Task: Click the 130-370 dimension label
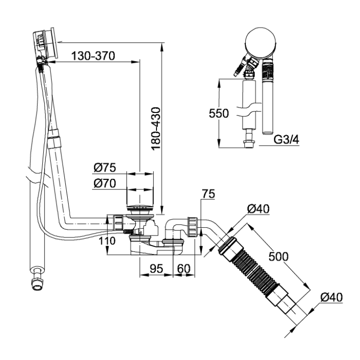click(x=93, y=56)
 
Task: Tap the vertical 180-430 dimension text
click(x=156, y=128)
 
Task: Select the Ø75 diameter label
click(x=105, y=168)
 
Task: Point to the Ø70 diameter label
click(x=105, y=183)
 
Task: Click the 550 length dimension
click(x=219, y=113)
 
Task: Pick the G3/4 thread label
click(x=287, y=139)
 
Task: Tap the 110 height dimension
click(x=107, y=241)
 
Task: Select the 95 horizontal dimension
click(x=156, y=269)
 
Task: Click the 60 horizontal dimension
click(x=184, y=269)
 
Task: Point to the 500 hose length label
click(x=278, y=257)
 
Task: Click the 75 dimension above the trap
click(x=208, y=194)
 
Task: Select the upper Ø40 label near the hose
click(x=258, y=209)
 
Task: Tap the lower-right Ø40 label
click(x=332, y=297)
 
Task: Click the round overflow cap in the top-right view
click(x=260, y=43)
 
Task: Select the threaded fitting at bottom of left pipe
click(x=37, y=279)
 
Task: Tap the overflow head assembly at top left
click(x=45, y=45)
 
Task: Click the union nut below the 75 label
click(x=192, y=227)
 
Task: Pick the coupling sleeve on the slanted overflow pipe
click(x=54, y=140)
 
